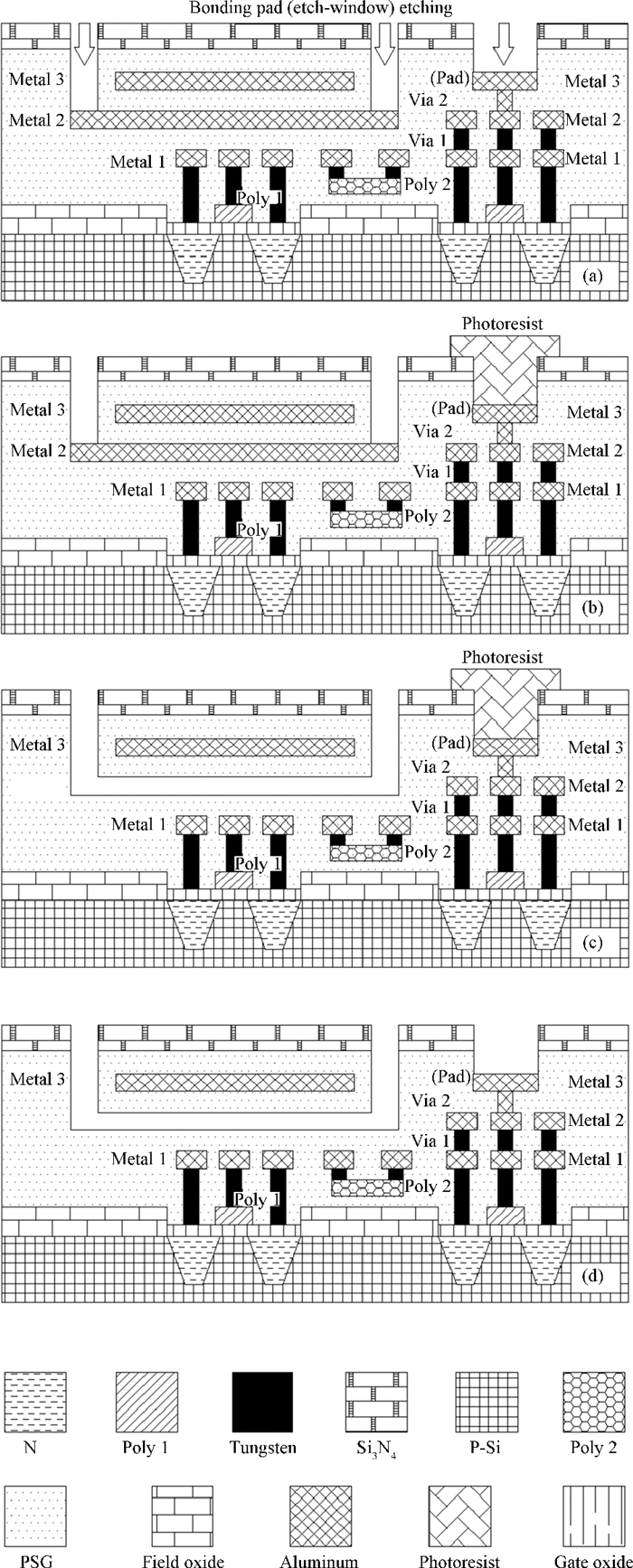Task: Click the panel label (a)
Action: click(x=594, y=277)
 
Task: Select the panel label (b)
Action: click(x=594, y=607)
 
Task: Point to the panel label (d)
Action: click(x=594, y=1276)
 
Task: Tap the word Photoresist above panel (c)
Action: click(x=503, y=658)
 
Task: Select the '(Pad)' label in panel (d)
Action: click(x=453, y=1076)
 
